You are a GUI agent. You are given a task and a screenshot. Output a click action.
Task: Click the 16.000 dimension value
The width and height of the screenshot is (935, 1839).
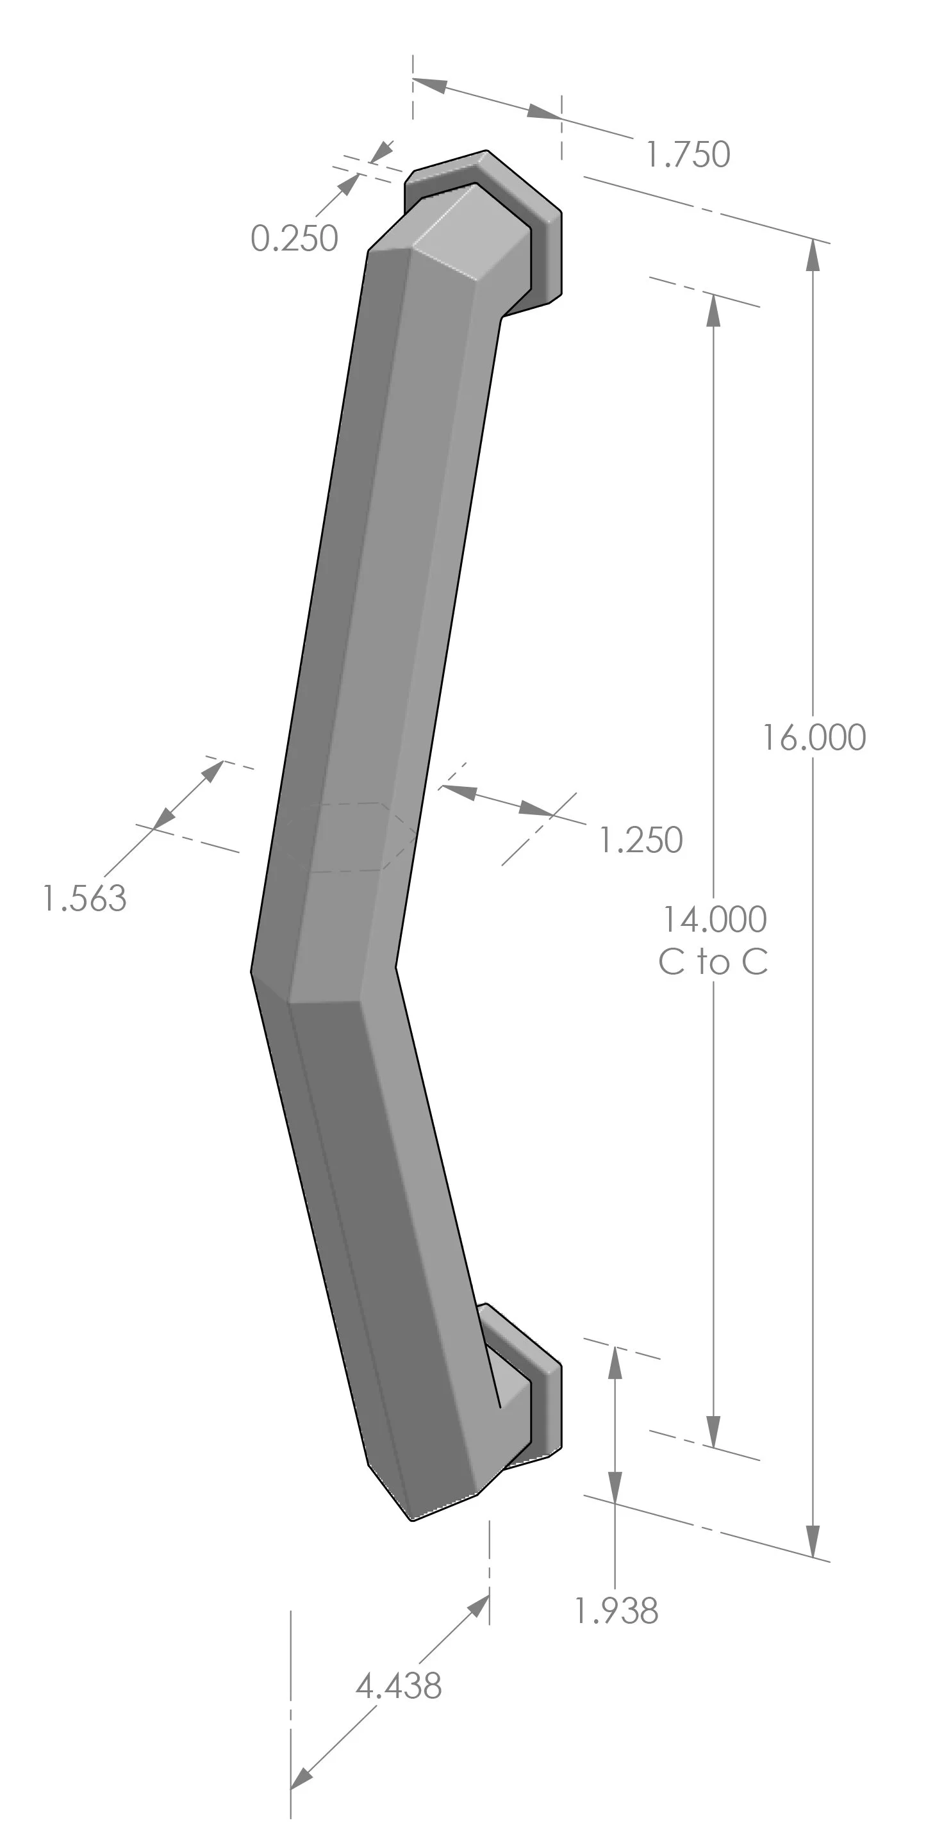(815, 738)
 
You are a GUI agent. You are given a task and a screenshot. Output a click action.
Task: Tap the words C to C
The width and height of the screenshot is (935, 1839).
(713, 962)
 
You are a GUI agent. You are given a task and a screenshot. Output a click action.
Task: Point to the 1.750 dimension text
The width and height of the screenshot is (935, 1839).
(688, 154)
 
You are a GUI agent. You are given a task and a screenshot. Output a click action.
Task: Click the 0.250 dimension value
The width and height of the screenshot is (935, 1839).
(294, 238)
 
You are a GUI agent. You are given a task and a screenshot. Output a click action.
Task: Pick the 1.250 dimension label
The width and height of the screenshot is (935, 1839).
(641, 840)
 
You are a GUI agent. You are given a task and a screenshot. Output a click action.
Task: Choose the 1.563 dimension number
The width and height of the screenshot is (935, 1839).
(84, 898)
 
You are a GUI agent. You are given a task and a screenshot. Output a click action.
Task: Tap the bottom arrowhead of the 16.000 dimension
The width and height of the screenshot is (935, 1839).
(812, 1542)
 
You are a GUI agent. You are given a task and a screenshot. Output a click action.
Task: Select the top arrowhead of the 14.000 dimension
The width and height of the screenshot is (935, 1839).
(713, 310)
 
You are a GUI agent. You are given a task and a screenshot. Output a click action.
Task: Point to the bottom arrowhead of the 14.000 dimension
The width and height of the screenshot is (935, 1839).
(713, 1433)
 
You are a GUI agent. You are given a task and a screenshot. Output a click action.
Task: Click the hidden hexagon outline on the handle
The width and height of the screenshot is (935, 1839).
(350, 836)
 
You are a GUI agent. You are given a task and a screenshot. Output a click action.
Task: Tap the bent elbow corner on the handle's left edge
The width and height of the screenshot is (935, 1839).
(252, 970)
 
